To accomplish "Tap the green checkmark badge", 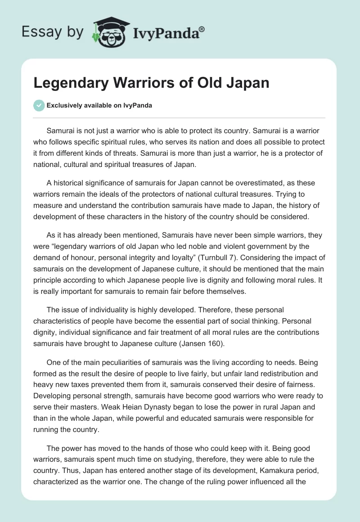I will [39, 105].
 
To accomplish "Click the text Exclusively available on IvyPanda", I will [99, 105].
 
